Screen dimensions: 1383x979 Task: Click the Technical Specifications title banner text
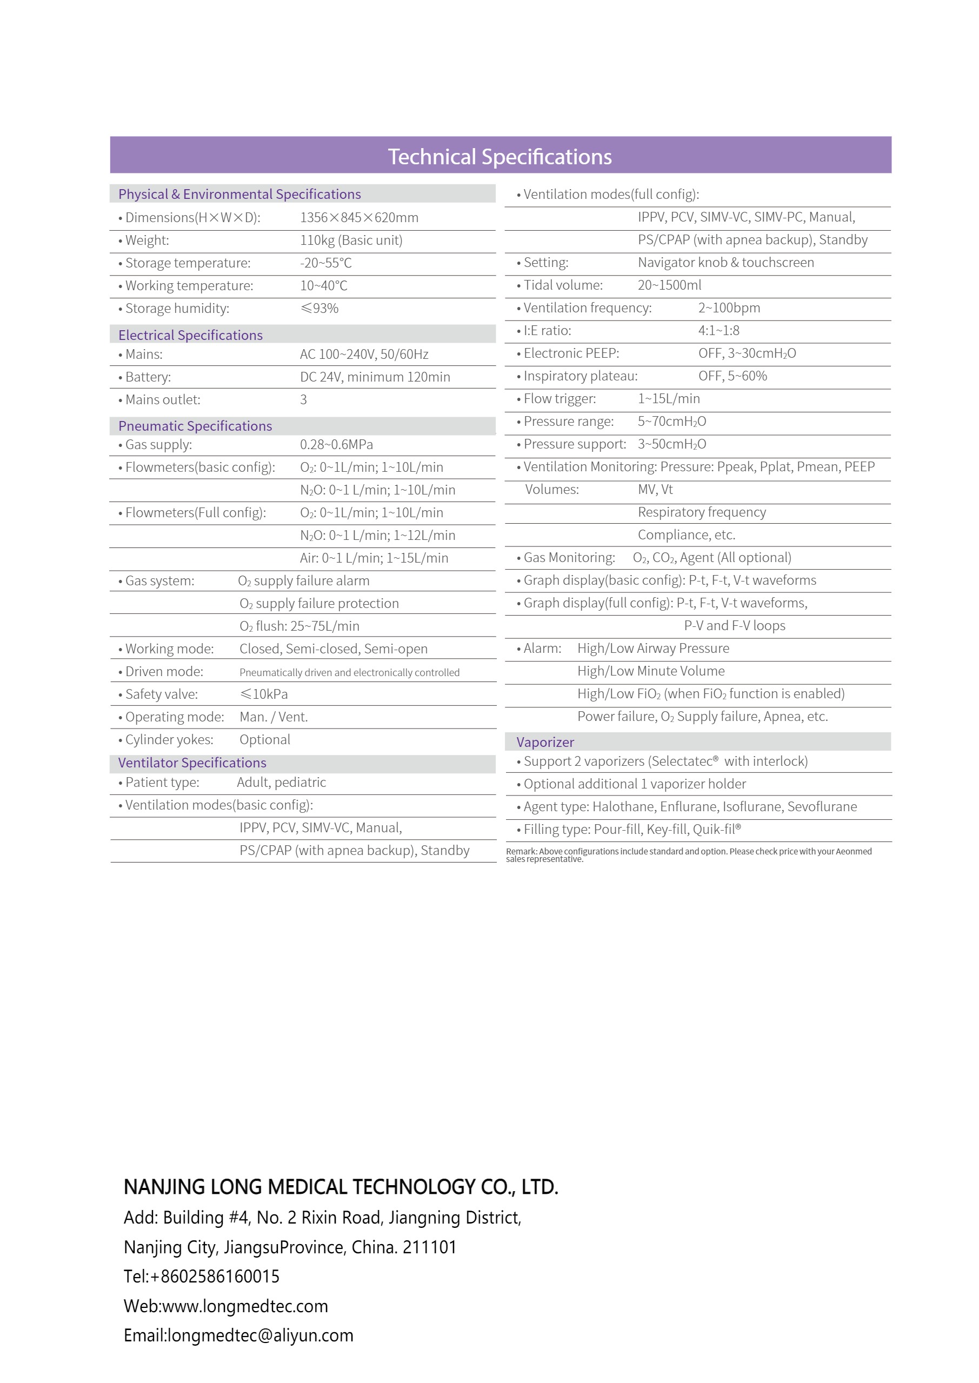(x=499, y=157)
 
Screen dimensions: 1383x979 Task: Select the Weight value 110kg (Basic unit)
(x=351, y=240)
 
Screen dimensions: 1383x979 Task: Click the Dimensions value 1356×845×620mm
(x=359, y=218)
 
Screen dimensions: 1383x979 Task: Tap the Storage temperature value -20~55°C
(x=325, y=263)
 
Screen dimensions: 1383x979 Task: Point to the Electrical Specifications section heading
(x=190, y=335)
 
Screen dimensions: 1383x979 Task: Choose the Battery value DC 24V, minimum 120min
(x=375, y=377)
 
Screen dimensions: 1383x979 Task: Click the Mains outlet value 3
(x=303, y=399)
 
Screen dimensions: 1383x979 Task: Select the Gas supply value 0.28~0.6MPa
(x=336, y=445)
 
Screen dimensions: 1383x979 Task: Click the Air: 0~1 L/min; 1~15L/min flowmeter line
(x=374, y=558)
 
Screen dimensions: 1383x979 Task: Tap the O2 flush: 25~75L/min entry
(x=299, y=626)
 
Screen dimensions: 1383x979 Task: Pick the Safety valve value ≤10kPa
(x=264, y=694)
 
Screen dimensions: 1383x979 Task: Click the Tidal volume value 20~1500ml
(x=669, y=285)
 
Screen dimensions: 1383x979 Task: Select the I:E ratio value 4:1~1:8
(x=718, y=331)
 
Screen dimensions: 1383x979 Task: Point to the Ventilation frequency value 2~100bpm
(x=729, y=308)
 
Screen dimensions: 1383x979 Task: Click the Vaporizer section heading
(x=545, y=743)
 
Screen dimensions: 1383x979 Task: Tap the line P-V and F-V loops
(x=734, y=625)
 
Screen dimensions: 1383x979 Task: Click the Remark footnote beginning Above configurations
(x=688, y=854)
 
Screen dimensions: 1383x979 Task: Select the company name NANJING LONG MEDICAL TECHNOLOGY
(x=341, y=1186)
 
